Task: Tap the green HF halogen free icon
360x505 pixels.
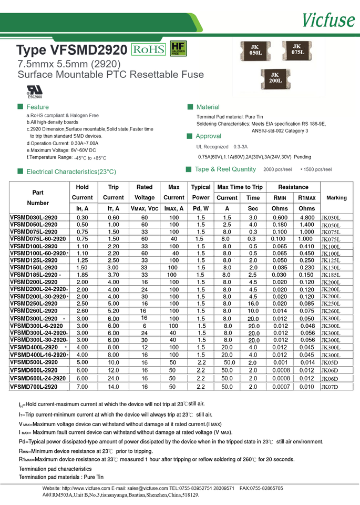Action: pyautogui.click(x=178, y=49)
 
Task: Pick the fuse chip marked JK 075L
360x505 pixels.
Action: pyautogui.click(x=297, y=50)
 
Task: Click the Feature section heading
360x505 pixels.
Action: pyautogui.click(x=37, y=107)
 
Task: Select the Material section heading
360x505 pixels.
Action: pyautogui.click(x=208, y=107)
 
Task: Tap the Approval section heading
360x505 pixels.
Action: pyautogui.click(x=208, y=136)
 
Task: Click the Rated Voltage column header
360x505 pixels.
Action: pyautogui.click(x=145, y=192)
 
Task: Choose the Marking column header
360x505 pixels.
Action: pyautogui.click(x=336, y=198)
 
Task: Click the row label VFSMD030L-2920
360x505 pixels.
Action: pyautogui.click(x=34, y=217)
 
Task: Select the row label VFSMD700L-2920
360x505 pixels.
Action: pyautogui.click(x=34, y=387)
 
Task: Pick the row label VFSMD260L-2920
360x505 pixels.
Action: pyautogui.click(x=34, y=311)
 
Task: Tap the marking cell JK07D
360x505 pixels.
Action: pyautogui.click(x=330, y=387)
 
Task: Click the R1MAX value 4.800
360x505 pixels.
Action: pyautogui.click(x=307, y=217)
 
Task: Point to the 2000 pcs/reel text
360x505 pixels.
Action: pyautogui.click(x=277, y=169)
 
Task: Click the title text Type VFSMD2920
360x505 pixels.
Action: pyautogui.click(x=71, y=50)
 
